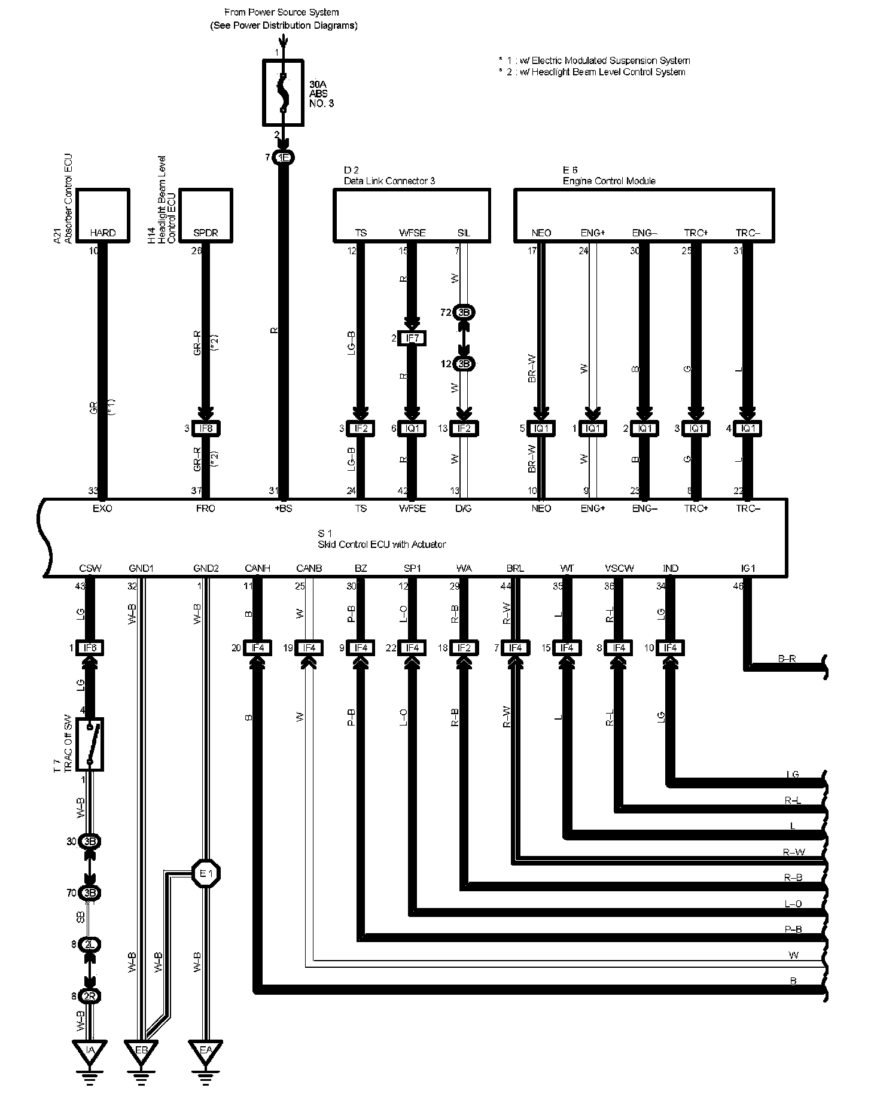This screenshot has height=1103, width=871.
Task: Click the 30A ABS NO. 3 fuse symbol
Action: (284, 93)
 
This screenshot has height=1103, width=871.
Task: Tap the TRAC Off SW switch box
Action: (90, 744)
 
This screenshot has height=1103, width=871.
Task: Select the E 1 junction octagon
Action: (206, 874)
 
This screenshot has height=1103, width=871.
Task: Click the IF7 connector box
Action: (412, 339)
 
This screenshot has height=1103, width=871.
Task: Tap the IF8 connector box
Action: (205, 428)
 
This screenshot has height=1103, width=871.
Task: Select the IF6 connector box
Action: (90, 648)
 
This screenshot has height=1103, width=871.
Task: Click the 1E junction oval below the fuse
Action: (284, 158)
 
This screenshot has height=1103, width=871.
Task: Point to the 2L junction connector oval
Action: (90, 944)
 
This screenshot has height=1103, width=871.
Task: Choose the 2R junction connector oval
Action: (90, 997)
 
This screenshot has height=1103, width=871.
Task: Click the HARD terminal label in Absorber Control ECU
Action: (102, 233)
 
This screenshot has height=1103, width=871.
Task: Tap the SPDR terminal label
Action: (205, 233)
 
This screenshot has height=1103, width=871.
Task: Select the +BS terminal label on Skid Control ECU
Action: (284, 508)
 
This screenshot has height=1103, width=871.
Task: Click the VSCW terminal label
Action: (619, 568)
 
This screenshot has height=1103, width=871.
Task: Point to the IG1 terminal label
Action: (748, 568)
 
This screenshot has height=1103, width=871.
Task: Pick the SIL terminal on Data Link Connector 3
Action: (464, 233)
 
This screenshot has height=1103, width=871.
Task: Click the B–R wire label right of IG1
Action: (787, 659)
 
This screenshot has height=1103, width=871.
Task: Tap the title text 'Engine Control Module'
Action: (609, 181)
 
